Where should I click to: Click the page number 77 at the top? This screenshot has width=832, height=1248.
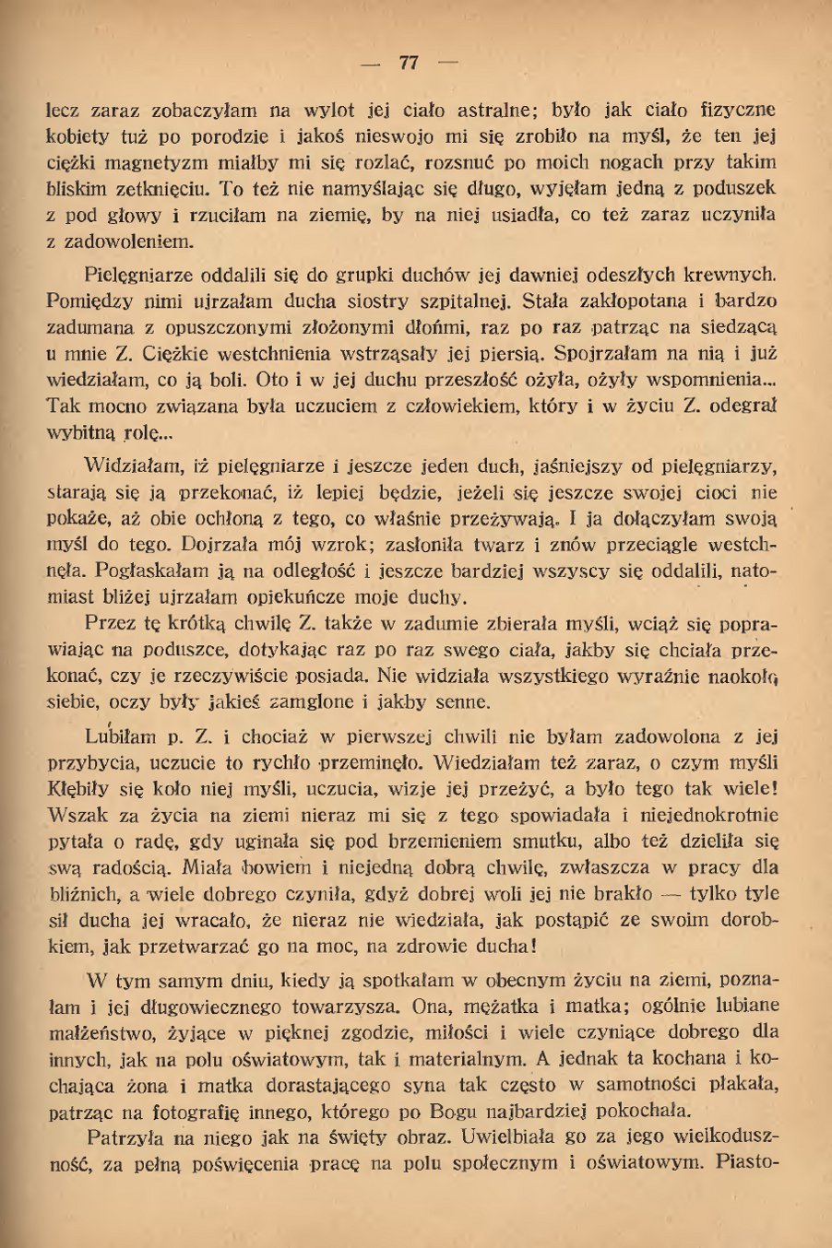click(409, 63)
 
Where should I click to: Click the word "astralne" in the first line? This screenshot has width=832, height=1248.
click(465, 111)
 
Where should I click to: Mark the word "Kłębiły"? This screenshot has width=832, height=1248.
click(79, 789)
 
